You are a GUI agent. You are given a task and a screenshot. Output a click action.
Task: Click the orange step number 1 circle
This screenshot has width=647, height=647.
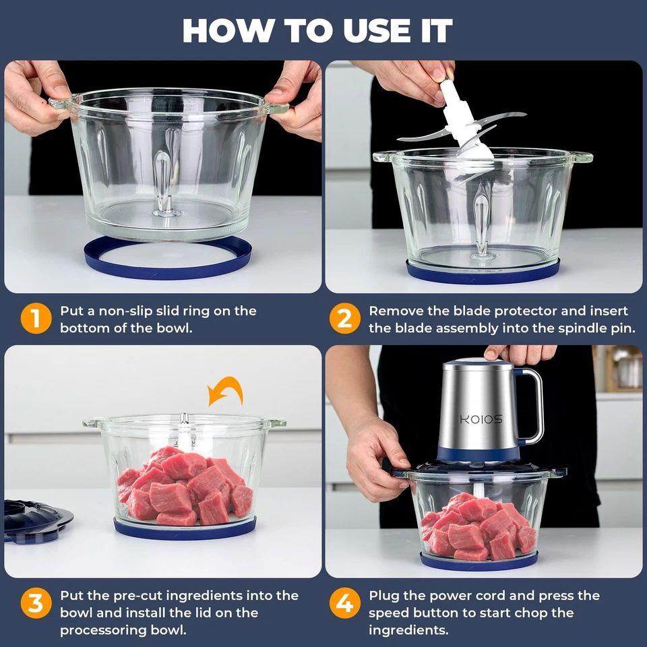click(x=36, y=319)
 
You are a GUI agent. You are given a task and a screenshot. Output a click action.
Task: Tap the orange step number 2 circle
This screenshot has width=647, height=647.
click(x=344, y=319)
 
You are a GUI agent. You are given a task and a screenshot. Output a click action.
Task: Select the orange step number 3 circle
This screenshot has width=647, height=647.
click(x=36, y=604)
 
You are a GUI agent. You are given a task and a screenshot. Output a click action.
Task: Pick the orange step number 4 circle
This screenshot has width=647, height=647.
click(x=344, y=604)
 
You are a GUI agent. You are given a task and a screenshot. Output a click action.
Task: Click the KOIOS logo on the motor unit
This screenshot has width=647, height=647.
click(x=481, y=419)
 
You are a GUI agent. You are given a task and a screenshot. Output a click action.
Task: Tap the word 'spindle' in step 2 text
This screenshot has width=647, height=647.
click(x=543, y=328)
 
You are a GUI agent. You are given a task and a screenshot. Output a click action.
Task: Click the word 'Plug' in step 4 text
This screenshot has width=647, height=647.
click(x=385, y=596)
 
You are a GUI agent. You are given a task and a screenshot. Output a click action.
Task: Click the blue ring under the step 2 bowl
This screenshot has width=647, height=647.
click(x=483, y=274)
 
